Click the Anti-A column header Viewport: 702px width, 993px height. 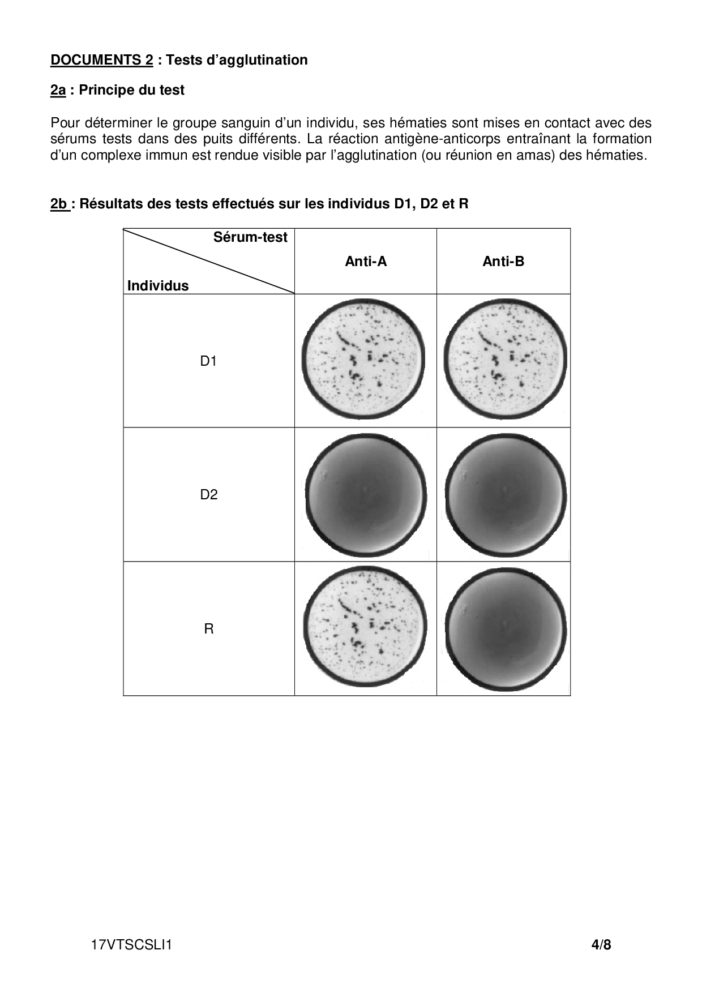[x=366, y=261]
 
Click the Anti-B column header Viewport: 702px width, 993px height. [x=503, y=261]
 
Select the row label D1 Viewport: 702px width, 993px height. [x=208, y=361]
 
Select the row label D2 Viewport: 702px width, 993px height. [x=208, y=494]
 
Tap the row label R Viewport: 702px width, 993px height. [x=208, y=628]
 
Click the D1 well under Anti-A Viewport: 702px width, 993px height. [x=363, y=359]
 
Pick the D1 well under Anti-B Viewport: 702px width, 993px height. [x=505, y=359]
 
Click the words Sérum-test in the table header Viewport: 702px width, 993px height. [x=250, y=237]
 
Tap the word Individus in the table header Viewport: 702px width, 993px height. [x=158, y=285]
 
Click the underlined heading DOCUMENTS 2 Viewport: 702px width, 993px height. [x=102, y=60]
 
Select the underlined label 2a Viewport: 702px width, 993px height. [x=58, y=90]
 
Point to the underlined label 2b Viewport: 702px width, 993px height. [x=59, y=204]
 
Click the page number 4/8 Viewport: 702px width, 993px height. [x=601, y=945]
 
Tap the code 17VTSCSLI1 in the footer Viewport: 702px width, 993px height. [x=131, y=945]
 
